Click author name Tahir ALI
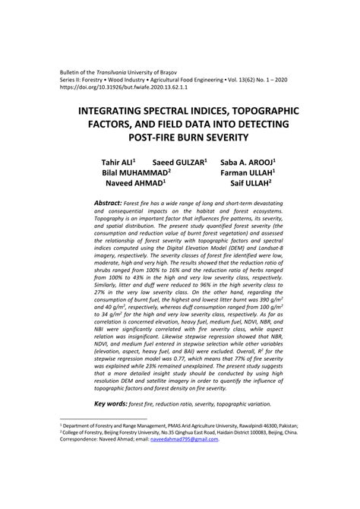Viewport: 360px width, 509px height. (x=118, y=163)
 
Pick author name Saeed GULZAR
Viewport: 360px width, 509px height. (x=180, y=163)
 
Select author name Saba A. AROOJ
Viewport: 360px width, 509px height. (x=248, y=163)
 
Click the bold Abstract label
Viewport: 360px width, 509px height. (x=108, y=204)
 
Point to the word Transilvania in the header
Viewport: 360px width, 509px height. (x=115, y=69)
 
